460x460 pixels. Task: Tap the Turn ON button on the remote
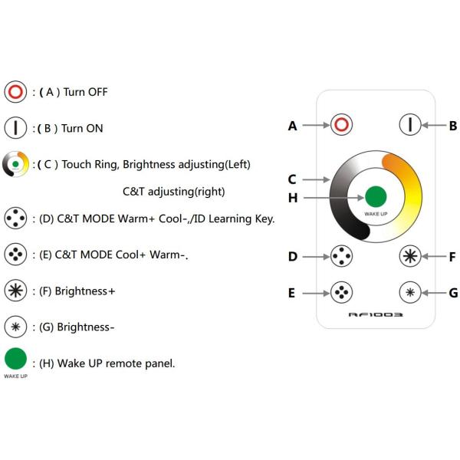pos(412,125)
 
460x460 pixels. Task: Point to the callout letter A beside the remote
pos(293,126)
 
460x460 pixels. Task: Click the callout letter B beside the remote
pos(453,126)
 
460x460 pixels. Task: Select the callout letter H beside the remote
pos(293,198)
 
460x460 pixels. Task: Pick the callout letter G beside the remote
pos(453,292)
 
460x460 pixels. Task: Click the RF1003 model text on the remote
pos(376,314)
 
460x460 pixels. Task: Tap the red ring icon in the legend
pos(15,92)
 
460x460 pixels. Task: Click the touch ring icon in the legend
pos(15,165)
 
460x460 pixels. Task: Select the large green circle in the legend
pos(15,359)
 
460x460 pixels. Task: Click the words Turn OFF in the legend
pos(85,92)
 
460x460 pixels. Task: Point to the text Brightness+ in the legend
pos(84,291)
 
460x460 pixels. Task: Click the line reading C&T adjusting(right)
pos(173,191)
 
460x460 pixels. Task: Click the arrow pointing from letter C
pos(314,179)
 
